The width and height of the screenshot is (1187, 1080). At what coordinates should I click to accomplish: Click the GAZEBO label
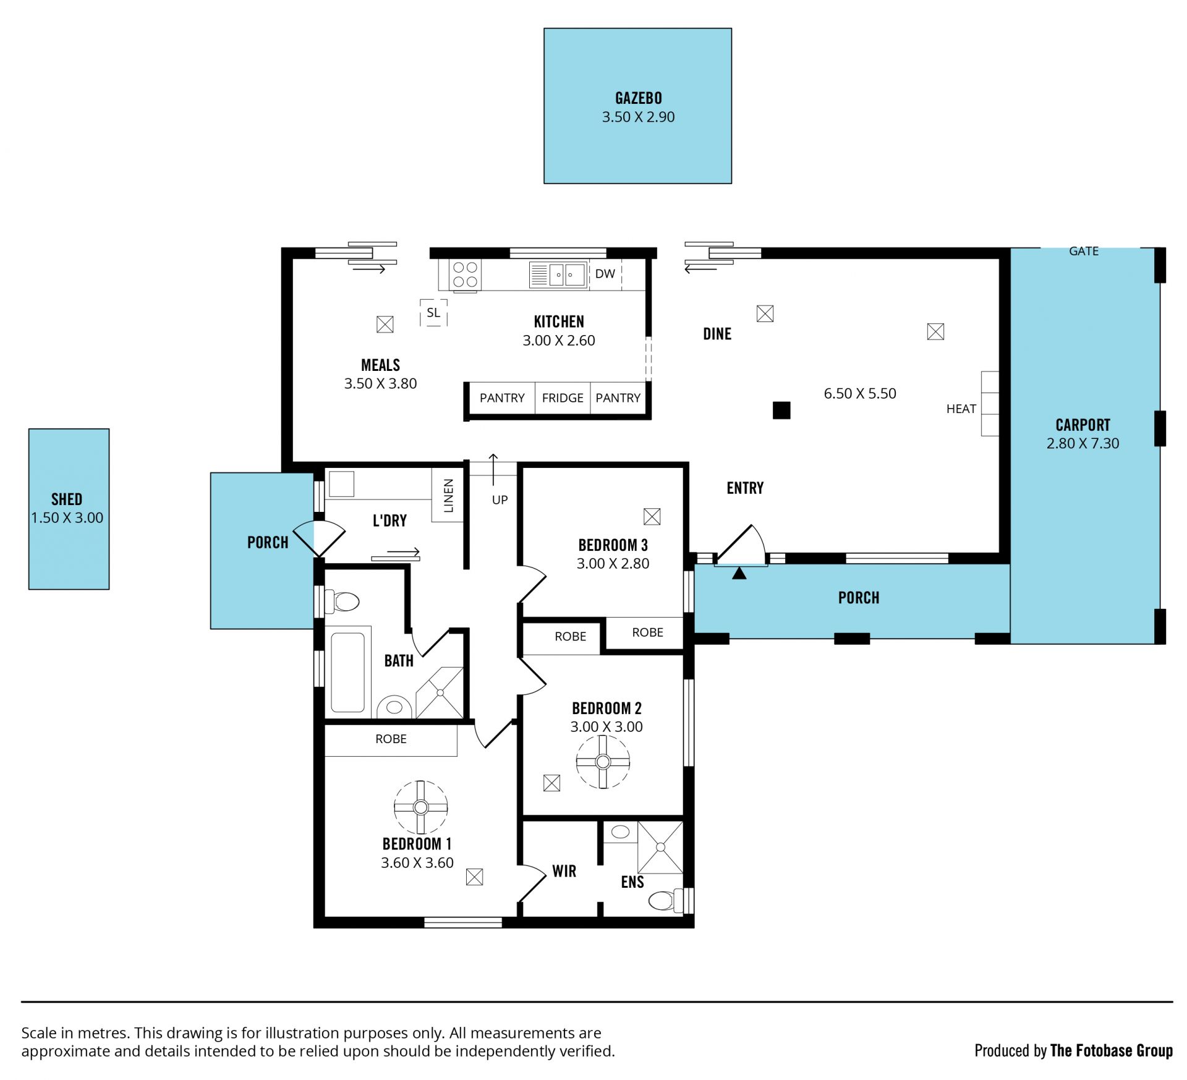tap(638, 98)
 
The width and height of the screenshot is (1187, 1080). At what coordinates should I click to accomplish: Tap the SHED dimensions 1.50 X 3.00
tap(67, 517)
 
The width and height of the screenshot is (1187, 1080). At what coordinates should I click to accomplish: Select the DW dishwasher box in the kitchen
tap(606, 274)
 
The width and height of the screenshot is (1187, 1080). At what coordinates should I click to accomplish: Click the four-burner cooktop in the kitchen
tap(466, 274)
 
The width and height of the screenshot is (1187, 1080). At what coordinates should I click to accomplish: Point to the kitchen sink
tap(558, 274)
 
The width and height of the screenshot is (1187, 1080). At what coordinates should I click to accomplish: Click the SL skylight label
tap(433, 313)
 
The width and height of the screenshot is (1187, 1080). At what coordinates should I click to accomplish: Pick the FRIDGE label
tap(563, 398)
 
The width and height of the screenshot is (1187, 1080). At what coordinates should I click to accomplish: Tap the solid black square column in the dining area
tap(781, 410)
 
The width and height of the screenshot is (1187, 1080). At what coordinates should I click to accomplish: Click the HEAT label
tap(961, 409)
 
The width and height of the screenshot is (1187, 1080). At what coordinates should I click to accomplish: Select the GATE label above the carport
tap(1084, 251)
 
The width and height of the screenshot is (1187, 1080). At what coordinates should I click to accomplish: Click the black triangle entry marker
tap(739, 573)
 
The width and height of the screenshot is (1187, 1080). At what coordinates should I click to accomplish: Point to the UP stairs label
tap(500, 500)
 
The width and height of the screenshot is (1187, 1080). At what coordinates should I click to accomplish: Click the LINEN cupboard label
tap(449, 496)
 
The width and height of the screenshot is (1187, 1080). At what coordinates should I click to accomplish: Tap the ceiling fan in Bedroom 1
tap(421, 807)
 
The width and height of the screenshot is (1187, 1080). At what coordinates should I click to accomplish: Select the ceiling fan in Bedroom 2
tap(603, 762)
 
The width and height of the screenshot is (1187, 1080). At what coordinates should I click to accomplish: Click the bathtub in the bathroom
tap(347, 673)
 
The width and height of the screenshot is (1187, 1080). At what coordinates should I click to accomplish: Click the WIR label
tap(564, 871)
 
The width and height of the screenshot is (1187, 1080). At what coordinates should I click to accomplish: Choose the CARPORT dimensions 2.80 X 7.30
tap(1083, 443)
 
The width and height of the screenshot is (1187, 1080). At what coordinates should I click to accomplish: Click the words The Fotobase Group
tap(1111, 1050)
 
